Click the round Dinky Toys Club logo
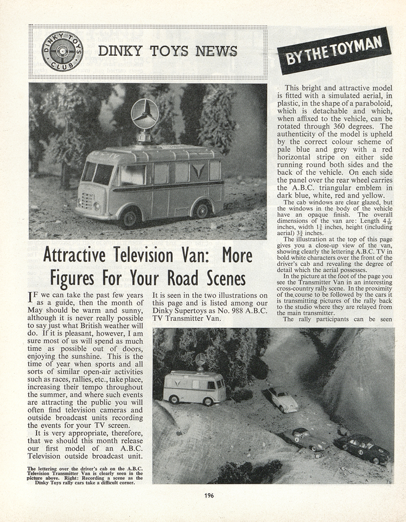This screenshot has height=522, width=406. (62, 51)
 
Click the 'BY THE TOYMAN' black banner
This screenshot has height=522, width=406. (333, 51)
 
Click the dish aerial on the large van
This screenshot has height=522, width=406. (145, 114)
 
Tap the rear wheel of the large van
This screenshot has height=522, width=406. (201, 210)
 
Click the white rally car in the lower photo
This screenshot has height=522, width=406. (282, 399)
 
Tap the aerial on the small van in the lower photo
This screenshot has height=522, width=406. (200, 360)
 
